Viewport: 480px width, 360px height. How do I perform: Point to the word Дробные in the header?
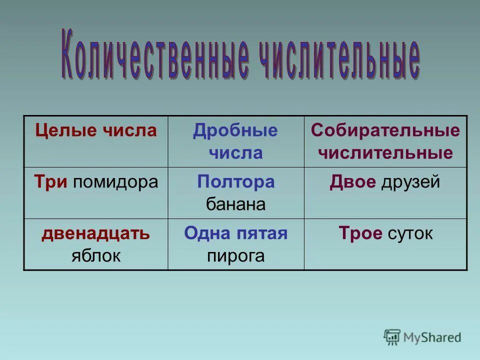click(x=235, y=130)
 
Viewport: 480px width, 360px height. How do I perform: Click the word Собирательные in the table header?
click(x=385, y=130)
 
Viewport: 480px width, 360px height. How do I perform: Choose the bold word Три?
click(x=51, y=182)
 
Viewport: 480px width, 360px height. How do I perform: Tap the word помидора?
click(x=115, y=182)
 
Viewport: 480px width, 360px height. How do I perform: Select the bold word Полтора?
click(x=235, y=182)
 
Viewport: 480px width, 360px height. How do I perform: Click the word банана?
click(x=235, y=204)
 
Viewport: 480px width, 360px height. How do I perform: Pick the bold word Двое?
click(x=352, y=182)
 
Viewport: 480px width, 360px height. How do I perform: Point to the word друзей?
click(x=410, y=182)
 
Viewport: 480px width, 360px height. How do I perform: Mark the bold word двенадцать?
click(x=95, y=233)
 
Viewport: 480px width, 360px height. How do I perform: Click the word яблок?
click(x=95, y=255)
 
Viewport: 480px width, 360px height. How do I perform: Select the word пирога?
click(x=235, y=255)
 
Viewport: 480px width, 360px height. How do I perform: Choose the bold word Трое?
click(x=360, y=233)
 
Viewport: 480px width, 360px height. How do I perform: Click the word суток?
click(x=409, y=233)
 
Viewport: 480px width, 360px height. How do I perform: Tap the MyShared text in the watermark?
click(x=432, y=337)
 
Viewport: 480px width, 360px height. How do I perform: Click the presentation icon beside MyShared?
click(x=392, y=337)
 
